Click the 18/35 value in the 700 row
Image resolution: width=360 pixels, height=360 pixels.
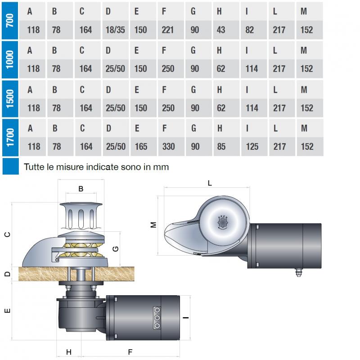coord(115,30)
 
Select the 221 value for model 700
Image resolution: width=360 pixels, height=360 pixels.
coord(167,30)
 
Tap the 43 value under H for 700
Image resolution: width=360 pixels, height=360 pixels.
coord(221,30)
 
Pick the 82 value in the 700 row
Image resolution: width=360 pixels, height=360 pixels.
coord(250,30)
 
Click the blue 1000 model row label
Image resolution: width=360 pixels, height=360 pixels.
coord(10,60)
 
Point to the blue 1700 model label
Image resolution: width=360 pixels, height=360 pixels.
coord(10,137)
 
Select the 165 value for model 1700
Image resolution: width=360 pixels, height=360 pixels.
coord(141,147)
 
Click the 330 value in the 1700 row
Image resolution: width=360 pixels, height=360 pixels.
coord(168,147)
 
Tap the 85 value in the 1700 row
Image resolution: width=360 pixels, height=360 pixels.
coord(221,147)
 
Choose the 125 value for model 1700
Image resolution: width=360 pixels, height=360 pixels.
coord(252,147)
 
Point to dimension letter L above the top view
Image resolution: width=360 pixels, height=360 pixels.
coord(210,183)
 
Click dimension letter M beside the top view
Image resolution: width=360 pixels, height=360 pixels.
coord(153,225)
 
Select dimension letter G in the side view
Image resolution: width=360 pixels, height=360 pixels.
coord(116,249)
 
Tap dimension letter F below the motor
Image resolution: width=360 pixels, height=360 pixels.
coord(130,352)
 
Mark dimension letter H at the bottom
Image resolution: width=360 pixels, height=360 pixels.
coord(69,352)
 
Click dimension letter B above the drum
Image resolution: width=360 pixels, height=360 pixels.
coord(81,189)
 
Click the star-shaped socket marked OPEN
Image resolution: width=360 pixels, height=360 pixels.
coord(222,222)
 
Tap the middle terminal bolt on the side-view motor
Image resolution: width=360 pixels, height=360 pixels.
coord(157,318)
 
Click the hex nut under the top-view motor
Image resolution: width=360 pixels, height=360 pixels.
coord(298,273)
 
